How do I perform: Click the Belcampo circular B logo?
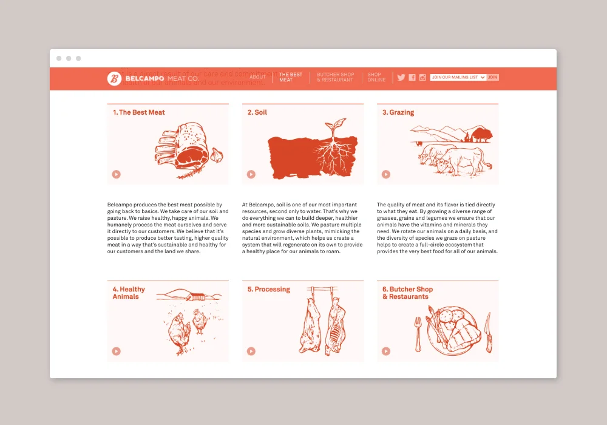[x=114, y=78]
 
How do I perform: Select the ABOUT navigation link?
[x=257, y=77]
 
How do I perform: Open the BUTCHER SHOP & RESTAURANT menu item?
[x=335, y=77]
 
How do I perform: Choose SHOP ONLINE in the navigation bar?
[x=376, y=77]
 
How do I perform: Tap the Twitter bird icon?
[x=401, y=77]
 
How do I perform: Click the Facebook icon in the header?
[x=412, y=77]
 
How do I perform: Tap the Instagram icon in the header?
[x=422, y=77]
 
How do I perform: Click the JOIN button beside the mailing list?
[x=493, y=77]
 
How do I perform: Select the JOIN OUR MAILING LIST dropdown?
[x=458, y=77]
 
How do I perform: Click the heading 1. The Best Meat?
[x=138, y=112]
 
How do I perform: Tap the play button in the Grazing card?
[x=386, y=174]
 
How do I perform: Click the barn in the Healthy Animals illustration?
[x=195, y=296]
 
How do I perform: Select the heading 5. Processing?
[x=268, y=290]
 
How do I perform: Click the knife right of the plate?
[x=488, y=332]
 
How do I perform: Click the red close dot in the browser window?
[x=59, y=58]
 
